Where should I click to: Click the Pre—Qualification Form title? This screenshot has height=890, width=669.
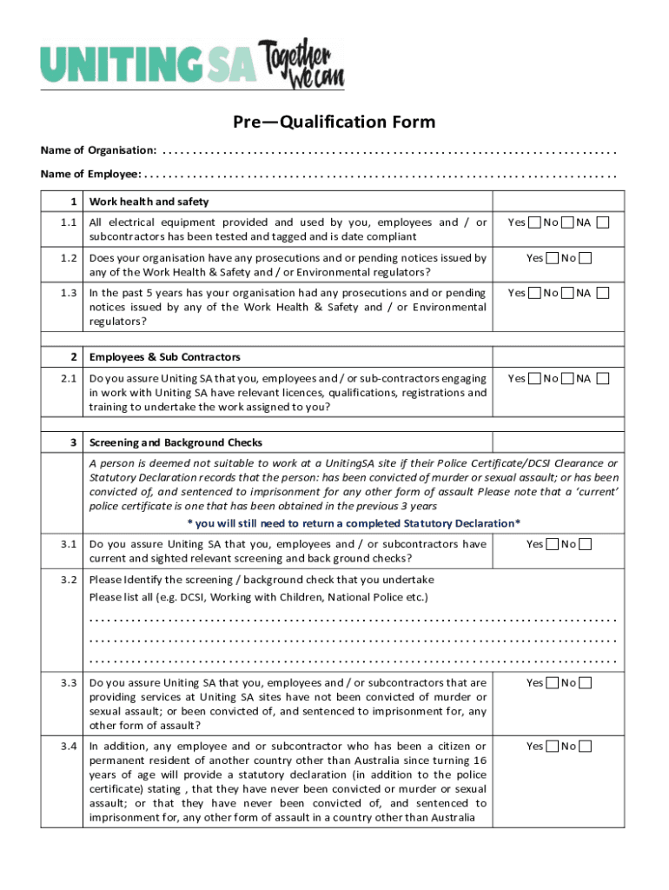[x=334, y=122]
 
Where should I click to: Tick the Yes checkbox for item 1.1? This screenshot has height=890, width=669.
[x=536, y=223]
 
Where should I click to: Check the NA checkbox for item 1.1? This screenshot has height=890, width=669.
[x=603, y=223]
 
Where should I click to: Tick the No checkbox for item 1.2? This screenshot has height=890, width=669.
[x=586, y=258]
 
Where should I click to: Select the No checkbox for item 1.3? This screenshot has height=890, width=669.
[x=567, y=294]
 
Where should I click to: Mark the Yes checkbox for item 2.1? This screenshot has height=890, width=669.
[x=536, y=379]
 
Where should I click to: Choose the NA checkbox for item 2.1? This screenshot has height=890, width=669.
[x=603, y=379]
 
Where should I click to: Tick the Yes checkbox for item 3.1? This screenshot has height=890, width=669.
[x=553, y=545]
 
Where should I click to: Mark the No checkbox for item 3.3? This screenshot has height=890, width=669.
[x=586, y=683]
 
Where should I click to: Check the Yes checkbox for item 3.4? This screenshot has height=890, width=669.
[x=553, y=747]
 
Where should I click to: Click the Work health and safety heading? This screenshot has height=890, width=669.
[x=149, y=202]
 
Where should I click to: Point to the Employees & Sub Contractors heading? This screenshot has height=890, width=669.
[x=164, y=357]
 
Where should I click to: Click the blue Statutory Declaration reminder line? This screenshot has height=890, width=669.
[x=354, y=522]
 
